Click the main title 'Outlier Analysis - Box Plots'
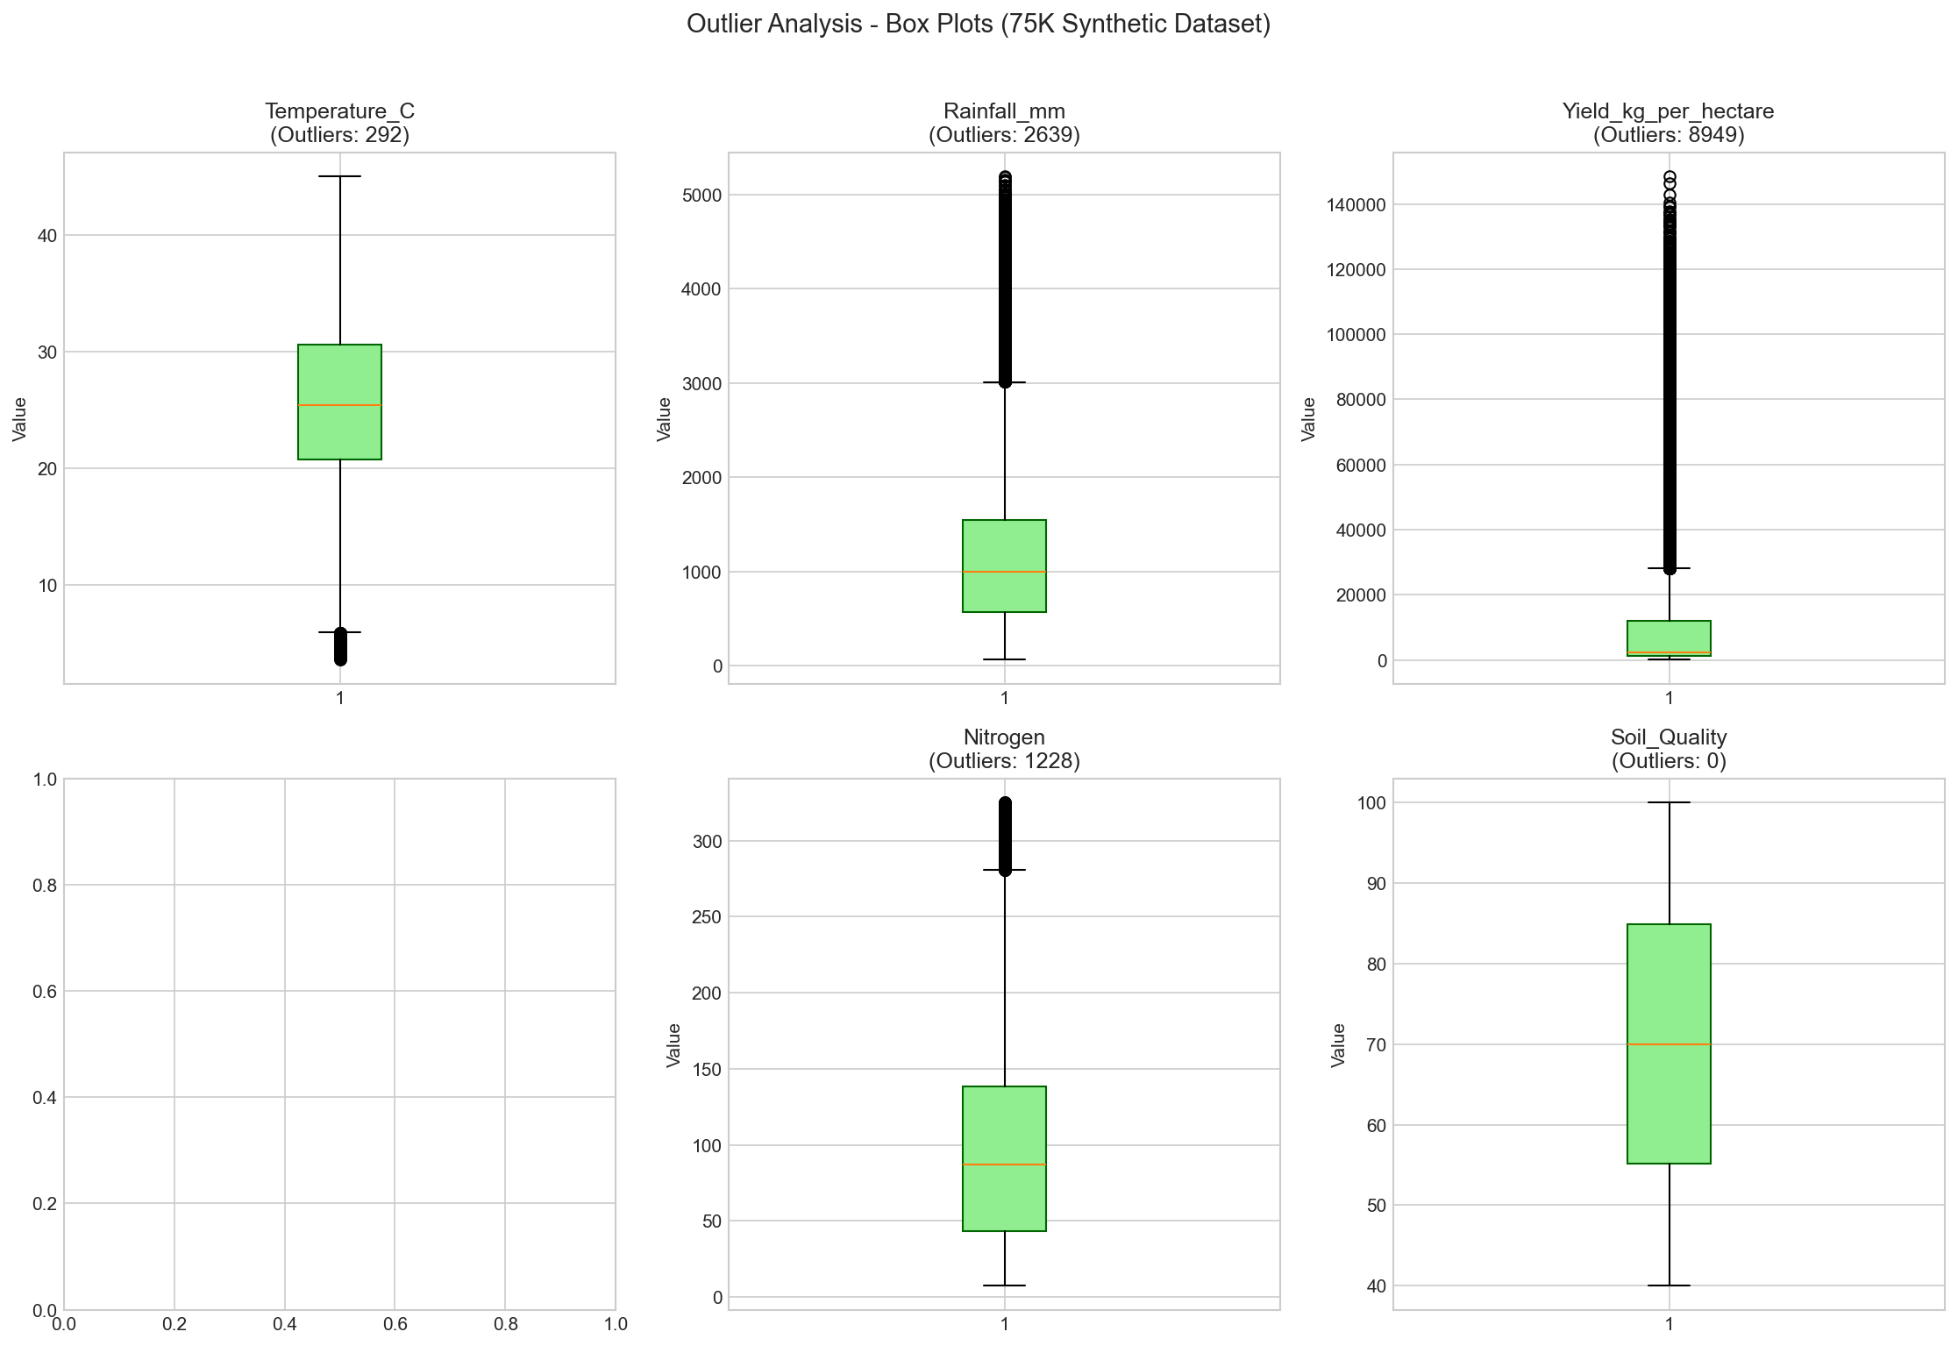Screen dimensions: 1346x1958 [978, 25]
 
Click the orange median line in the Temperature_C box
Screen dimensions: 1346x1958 [339, 405]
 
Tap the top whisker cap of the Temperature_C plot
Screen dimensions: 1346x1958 [339, 176]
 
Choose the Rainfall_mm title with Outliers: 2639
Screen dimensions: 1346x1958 [1004, 123]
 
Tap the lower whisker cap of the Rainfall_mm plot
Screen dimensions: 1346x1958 [1004, 659]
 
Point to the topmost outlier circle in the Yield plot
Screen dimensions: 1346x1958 [1669, 176]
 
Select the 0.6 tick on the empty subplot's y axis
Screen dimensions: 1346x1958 [39, 991]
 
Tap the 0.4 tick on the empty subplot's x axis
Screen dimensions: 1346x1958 [284, 1325]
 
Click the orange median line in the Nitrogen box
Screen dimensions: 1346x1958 [1004, 1164]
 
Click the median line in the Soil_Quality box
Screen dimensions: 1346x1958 [1669, 1044]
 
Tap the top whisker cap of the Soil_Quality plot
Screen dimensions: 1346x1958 [1669, 802]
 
